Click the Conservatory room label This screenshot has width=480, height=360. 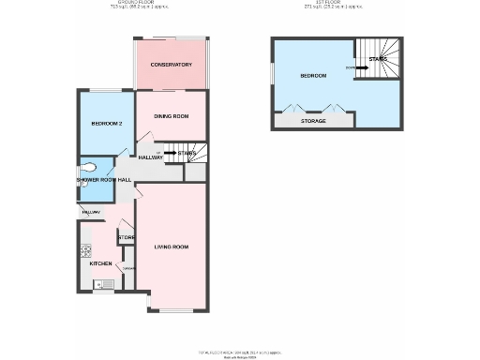(172, 65)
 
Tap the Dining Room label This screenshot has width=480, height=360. (172, 116)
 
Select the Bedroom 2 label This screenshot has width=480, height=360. (107, 124)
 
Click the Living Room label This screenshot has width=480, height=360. (172, 247)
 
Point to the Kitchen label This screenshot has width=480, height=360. (100, 263)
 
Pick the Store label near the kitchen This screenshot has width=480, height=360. (126, 238)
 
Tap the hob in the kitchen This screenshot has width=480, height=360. (85, 250)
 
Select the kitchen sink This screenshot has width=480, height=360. (107, 282)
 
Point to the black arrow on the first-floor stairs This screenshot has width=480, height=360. (362, 67)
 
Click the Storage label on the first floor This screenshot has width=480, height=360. (313, 122)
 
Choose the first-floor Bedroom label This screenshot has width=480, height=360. (312, 75)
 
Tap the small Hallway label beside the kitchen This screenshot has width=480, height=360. (90, 213)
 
